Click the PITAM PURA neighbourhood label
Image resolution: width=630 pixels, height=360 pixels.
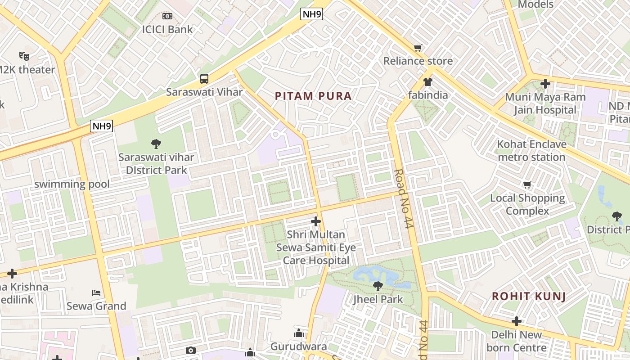(x=313, y=96)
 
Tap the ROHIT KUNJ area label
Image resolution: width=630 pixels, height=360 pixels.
(x=528, y=297)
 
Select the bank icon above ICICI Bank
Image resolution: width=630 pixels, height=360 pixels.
(x=167, y=16)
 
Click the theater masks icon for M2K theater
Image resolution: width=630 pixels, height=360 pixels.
(x=24, y=56)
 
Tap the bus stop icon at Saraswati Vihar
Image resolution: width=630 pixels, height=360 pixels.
(x=204, y=79)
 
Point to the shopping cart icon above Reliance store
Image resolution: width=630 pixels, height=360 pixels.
(x=418, y=48)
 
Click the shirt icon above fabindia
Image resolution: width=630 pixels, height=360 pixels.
(x=427, y=82)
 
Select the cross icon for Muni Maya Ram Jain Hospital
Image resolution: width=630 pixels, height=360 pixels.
(x=545, y=84)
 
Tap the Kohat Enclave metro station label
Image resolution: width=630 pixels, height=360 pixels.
(x=531, y=151)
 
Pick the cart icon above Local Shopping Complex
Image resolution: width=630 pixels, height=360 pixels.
(x=527, y=184)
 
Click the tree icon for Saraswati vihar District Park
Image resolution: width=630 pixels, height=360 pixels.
(x=156, y=144)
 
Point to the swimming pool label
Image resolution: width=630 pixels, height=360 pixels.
(x=72, y=184)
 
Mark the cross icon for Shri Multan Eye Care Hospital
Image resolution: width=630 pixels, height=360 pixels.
(x=316, y=221)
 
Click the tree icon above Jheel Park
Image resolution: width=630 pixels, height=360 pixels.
(x=378, y=286)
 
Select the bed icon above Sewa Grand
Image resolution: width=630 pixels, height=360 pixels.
(x=96, y=293)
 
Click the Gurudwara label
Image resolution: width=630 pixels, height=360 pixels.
(x=298, y=347)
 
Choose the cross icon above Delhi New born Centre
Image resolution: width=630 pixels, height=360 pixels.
(x=517, y=321)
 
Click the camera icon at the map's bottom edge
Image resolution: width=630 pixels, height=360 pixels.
(x=191, y=351)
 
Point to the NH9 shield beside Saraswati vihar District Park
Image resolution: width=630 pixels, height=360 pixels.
(x=101, y=126)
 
